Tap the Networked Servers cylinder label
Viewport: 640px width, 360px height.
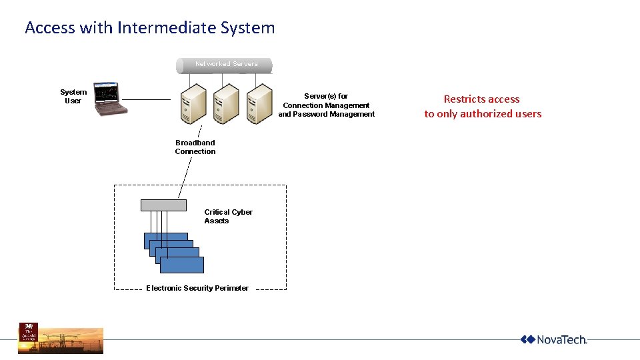[x=226, y=65]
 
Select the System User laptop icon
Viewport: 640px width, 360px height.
[x=109, y=99]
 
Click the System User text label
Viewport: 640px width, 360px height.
[x=73, y=97]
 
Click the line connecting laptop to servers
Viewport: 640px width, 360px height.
[x=147, y=99]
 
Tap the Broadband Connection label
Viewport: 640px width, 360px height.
[x=195, y=147]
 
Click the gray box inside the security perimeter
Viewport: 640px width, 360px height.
[x=163, y=205]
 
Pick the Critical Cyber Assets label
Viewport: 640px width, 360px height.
[x=228, y=216]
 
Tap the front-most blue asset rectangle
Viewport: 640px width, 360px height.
[x=182, y=265]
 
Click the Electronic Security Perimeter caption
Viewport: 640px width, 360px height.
[x=197, y=288]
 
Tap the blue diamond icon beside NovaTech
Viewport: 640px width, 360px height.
[x=528, y=340]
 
